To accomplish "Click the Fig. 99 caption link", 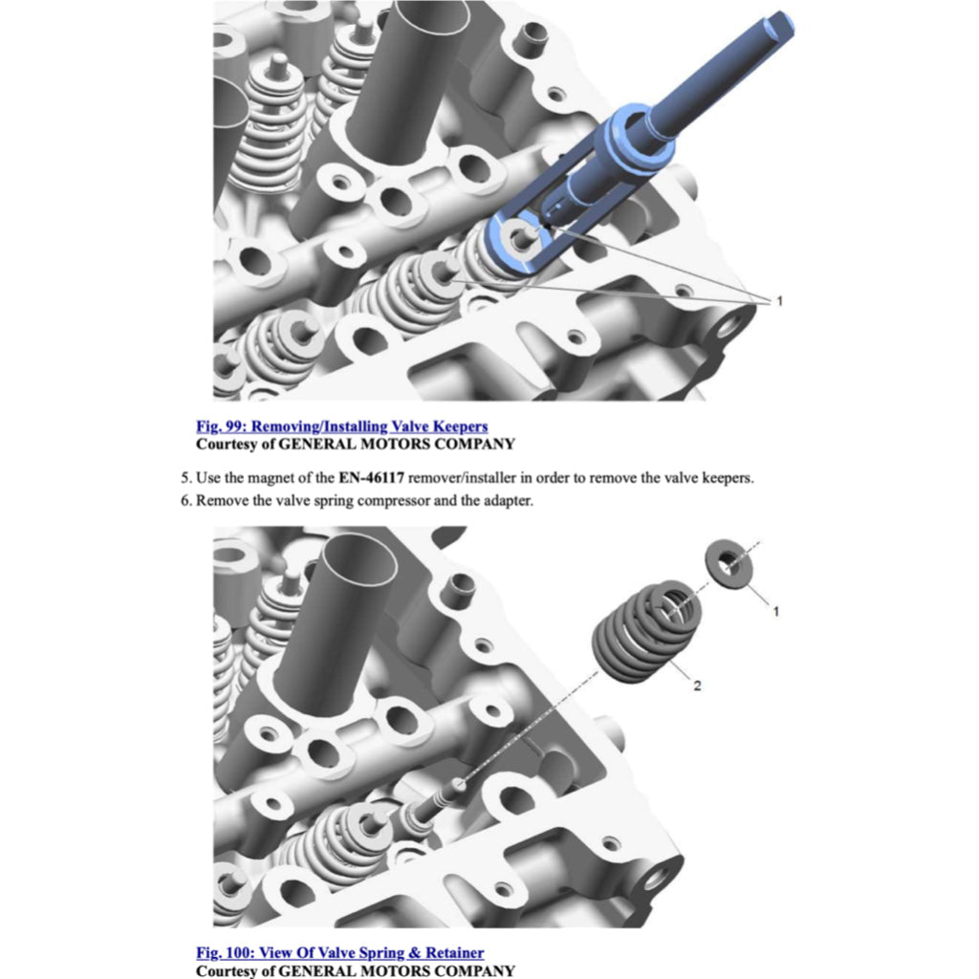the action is [x=341, y=426].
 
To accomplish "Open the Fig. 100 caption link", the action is [x=339, y=953].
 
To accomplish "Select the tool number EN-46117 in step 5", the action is [x=372, y=478].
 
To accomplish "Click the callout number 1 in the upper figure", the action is [x=779, y=301].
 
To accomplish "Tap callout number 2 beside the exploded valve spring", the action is [x=697, y=685].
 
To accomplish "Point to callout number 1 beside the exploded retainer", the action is [x=776, y=611].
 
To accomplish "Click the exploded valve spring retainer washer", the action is [x=729, y=564].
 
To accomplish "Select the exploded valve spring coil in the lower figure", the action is [x=647, y=631].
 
